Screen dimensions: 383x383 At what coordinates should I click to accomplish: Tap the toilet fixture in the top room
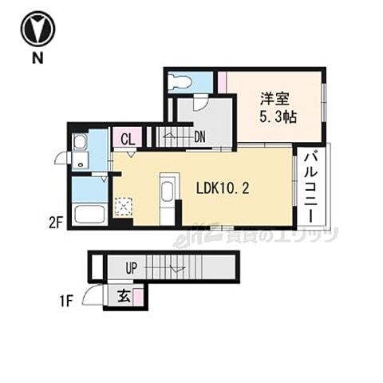(181, 81)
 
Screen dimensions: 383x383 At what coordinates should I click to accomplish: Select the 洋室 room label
(273, 99)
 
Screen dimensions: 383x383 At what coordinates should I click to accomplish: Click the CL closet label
(127, 138)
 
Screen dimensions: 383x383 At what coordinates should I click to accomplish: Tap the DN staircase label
(199, 137)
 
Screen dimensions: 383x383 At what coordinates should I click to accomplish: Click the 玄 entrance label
(124, 295)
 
